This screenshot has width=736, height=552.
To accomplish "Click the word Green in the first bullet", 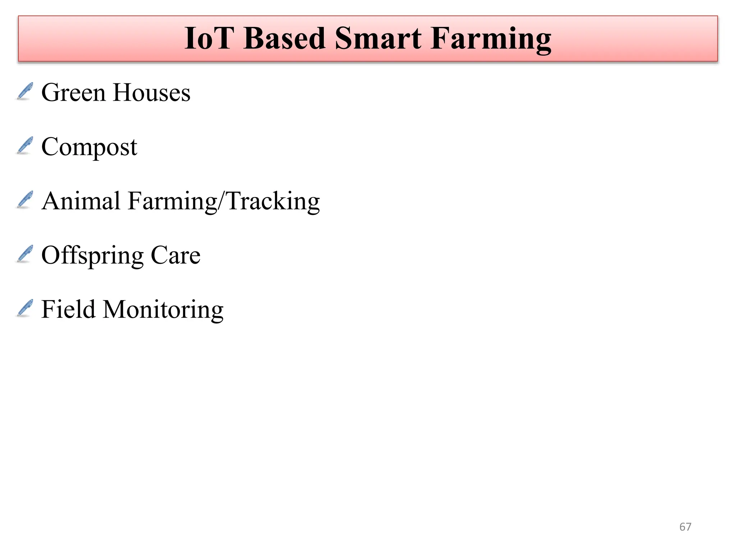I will click(73, 93).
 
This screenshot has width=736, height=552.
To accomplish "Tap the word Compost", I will click(89, 147).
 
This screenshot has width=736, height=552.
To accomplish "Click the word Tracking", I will click(273, 201).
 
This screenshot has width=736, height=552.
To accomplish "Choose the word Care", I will click(175, 255).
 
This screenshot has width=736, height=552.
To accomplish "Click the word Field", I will click(68, 309).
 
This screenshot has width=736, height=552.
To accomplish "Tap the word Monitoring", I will click(163, 310).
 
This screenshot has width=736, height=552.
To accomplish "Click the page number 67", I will click(685, 527).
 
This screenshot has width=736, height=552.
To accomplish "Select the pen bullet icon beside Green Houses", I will click(25, 91).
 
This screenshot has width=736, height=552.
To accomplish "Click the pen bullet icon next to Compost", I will click(25, 146).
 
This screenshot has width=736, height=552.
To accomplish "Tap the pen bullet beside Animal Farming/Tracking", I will click(25, 200).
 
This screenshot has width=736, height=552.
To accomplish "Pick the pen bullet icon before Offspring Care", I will click(25, 254).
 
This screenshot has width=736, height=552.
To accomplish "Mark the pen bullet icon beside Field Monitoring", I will click(25, 308).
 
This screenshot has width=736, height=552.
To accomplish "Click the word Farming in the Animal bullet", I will click(172, 202).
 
